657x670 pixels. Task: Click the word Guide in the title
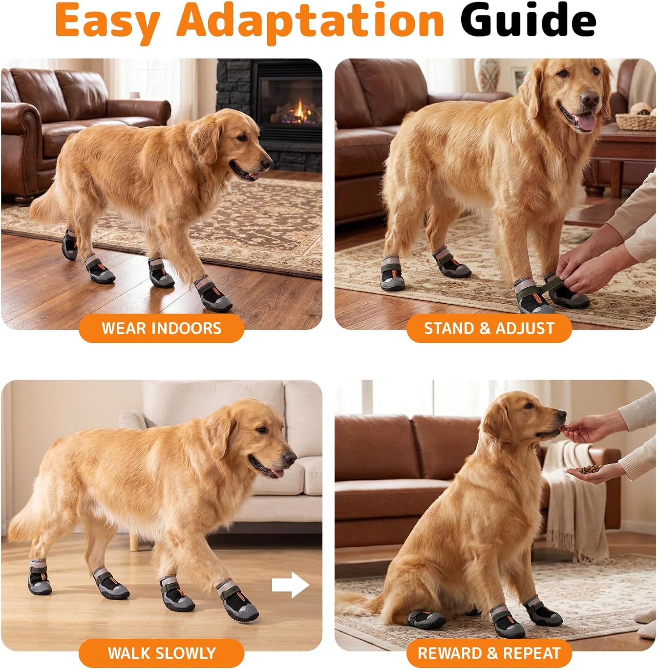click(x=528, y=21)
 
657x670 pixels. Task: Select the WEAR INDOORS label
click(x=161, y=328)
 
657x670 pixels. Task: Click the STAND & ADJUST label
click(x=489, y=328)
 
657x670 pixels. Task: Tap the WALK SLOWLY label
click(x=161, y=653)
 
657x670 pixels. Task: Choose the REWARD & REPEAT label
click(x=489, y=653)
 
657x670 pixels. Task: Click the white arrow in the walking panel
click(x=291, y=585)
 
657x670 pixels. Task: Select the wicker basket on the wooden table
click(x=636, y=121)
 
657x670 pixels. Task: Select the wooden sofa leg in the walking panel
click(x=134, y=541)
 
